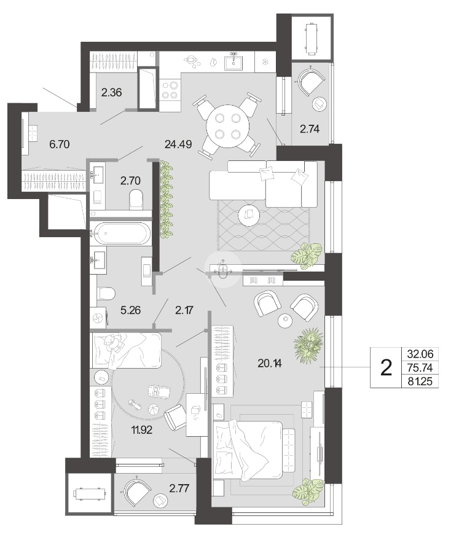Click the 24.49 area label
click(178, 144)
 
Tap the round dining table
click(227, 127)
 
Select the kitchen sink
click(234, 63)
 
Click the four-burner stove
click(170, 90)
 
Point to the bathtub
click(120, 233)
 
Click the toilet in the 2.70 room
click(136, 200)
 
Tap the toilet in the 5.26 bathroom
click(106, 293)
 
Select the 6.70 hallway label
click(59, 144)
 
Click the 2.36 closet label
click(112, 92)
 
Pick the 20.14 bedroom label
click(270, 363)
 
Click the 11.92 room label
click(141, 430)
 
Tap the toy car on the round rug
click(159, 391)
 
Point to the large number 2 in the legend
click(386, 368)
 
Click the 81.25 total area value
click(420, 382)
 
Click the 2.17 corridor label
click(184, 310)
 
